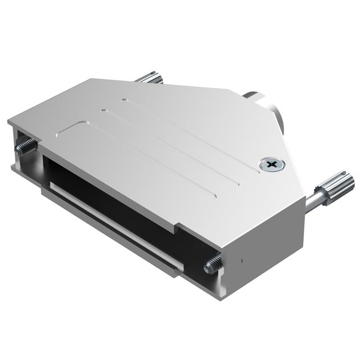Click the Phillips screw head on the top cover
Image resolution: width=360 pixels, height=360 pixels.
pyautogui.click(x=272, y=165)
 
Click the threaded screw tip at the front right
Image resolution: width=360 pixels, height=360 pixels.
pyautogui.click(x=212, y=263)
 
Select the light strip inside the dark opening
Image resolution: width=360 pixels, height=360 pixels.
pyautogui.click(x=112, y=209)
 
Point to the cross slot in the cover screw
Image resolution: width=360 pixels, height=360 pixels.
pyautogui.click(x=272, y=165)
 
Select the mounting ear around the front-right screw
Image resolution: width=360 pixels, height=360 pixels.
pyautogui.click(x=217, y=270)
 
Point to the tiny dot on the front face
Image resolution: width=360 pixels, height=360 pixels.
pyautogui.click(x=241, y=261)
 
